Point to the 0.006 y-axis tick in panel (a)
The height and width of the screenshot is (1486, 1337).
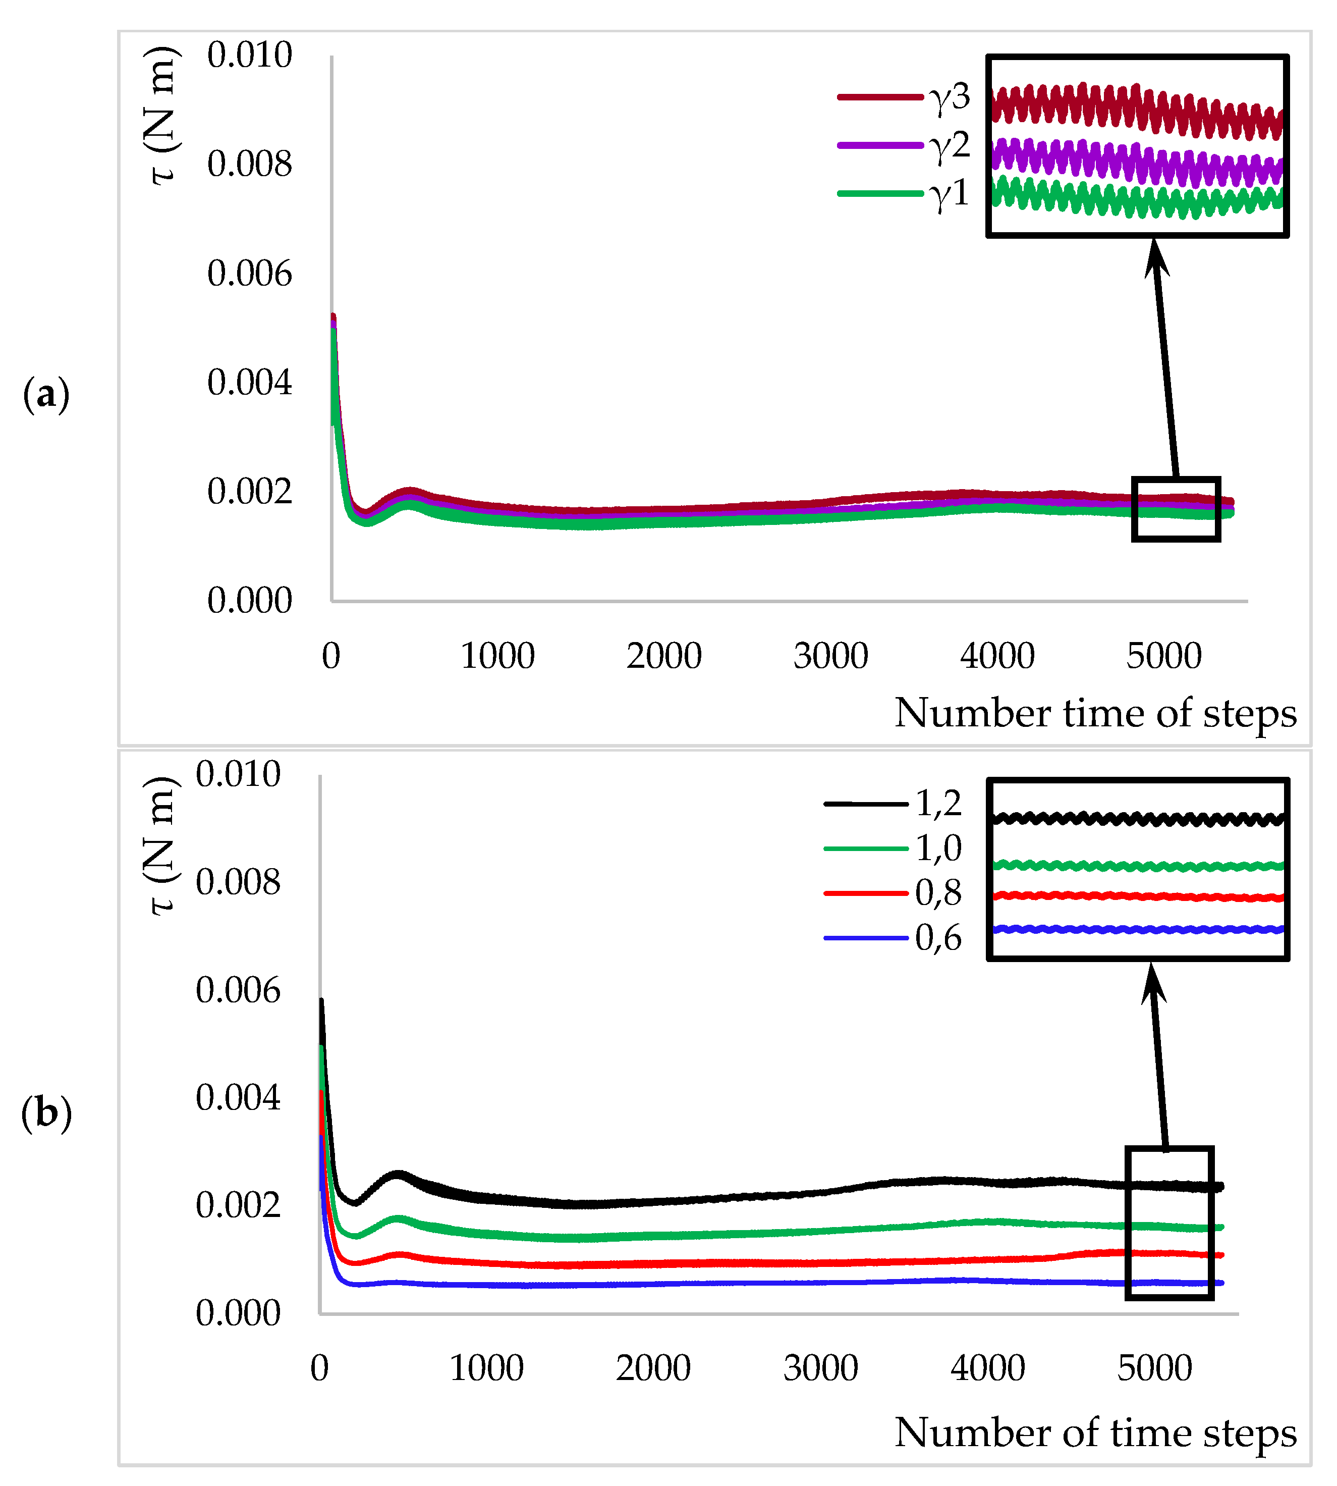(x=249, y=274)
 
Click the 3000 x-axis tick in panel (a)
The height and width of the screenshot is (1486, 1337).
(x=831, y=656)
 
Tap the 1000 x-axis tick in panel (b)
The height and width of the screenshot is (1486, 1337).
(x=486, y=1368)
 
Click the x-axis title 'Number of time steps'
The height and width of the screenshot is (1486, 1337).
(x=1095, y=1432)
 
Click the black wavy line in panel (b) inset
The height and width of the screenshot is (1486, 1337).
(x=1137, y=819)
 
